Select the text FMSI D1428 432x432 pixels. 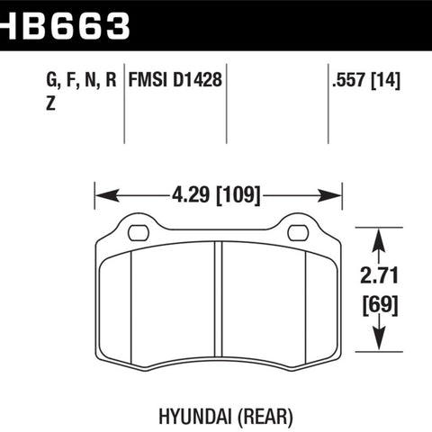(x=175, y=79)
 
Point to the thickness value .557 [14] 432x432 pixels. (x=366, y=80)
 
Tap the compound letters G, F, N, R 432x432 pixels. (x=81, y=80)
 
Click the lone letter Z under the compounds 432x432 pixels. (x=50, y=103)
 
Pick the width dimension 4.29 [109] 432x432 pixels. (x=216, y=195)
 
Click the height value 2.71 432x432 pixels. (x=380, y=275)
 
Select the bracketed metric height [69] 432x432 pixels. (x=380, y=305)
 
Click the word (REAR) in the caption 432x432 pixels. (x=265, y=417)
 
